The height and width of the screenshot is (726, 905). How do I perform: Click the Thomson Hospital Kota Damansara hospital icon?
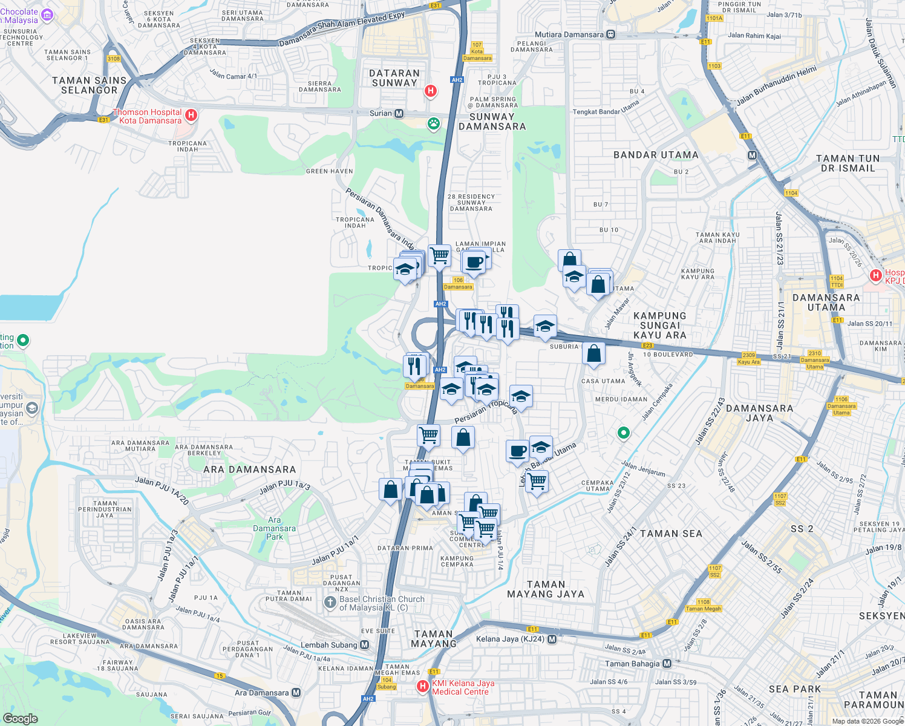(191, 115)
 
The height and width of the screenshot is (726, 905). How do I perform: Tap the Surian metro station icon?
(399, 113)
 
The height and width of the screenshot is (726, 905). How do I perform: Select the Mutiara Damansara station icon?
(611, 34)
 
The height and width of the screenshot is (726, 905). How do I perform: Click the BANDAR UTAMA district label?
(656, 155)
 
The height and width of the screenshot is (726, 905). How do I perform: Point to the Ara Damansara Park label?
(274, 528)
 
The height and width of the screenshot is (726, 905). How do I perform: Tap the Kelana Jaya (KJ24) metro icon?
(552, 639)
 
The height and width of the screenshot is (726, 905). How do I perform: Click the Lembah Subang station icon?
(364, 645)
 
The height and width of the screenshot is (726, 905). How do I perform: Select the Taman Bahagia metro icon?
(667, 664)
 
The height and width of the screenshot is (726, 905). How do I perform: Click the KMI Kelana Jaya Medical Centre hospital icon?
(423, 687)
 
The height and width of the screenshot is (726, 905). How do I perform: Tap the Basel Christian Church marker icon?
(330, 602)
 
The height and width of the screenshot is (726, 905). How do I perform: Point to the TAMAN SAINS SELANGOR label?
(89, 85)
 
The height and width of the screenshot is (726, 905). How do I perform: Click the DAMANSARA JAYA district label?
(759, 413)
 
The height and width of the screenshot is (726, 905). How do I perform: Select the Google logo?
(21, 719)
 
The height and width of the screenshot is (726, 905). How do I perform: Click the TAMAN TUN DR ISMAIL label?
(848, 163)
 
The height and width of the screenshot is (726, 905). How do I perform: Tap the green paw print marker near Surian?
(434, 124)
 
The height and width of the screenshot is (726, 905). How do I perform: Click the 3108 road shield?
(114, 59)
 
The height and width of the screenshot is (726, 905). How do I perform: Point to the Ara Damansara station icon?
(296, 693)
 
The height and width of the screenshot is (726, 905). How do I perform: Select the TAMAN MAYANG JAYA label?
(546, 589)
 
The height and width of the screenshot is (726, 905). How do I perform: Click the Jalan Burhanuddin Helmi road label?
(776, 85)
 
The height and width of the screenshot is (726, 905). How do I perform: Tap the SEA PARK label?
(795, 689)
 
